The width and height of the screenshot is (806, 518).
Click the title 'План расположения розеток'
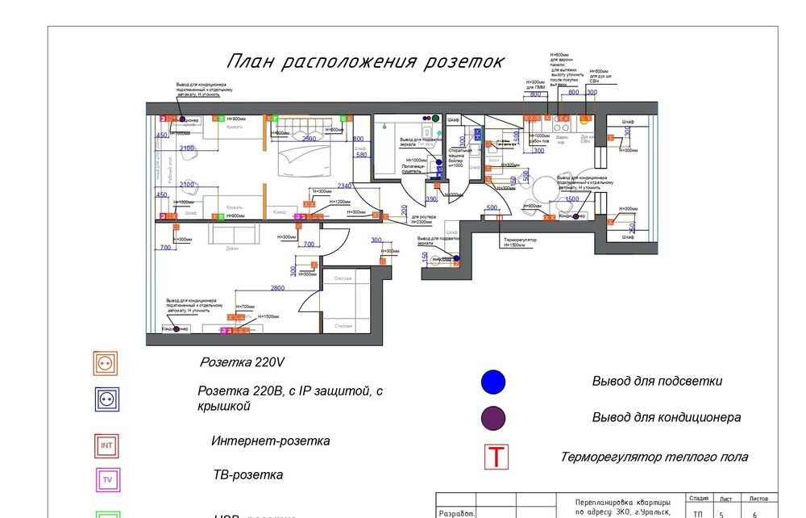(364, 63)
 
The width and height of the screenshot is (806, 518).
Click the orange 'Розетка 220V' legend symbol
(105, 363)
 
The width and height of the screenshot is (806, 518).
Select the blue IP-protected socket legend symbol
(105, 399)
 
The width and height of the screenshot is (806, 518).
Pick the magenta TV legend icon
(106, 480)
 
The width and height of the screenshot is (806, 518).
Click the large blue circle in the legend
(492, 382)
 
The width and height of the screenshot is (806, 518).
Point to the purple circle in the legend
(492, 418)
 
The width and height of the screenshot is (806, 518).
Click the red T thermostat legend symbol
(496, 457)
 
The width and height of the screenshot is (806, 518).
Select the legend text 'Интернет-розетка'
(270, 441)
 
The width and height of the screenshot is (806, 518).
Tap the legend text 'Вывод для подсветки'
(657, 382)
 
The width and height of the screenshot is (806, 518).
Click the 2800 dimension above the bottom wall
(277, 288)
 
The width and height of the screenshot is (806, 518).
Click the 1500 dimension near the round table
(571, 199)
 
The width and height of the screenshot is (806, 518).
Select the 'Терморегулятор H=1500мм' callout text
(520, 243)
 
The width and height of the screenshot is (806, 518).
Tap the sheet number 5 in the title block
(721, 512)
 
